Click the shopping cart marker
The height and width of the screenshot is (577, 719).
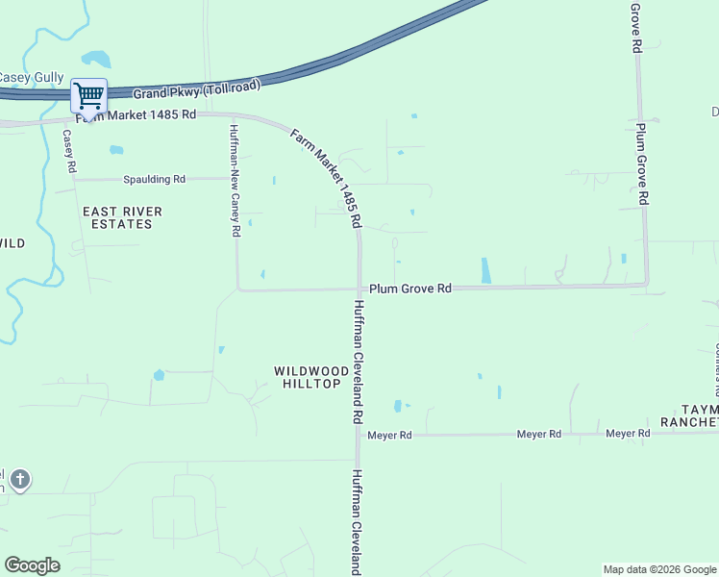point(88,96)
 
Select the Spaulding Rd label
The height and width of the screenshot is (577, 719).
point(154,180)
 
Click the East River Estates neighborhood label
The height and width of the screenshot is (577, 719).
point(122,217)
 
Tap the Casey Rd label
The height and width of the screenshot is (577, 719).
point(69,151)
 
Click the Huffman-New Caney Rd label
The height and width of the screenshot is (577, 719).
point(234,180)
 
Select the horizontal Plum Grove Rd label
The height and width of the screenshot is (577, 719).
point(410,288)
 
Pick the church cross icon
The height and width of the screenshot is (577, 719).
point(20,479)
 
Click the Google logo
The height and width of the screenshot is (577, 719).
point(32,565)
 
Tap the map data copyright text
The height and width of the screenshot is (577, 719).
point(659,569)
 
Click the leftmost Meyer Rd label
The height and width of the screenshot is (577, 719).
point(391,436)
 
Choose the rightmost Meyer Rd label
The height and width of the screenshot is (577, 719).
point(628,435)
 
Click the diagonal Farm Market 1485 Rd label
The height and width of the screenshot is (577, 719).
point(326,179)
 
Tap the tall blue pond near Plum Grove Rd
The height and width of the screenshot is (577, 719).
point(484,271)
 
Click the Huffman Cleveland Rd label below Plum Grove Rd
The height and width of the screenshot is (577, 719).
point(358,363)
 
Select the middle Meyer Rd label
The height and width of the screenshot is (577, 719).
point(538,435)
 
